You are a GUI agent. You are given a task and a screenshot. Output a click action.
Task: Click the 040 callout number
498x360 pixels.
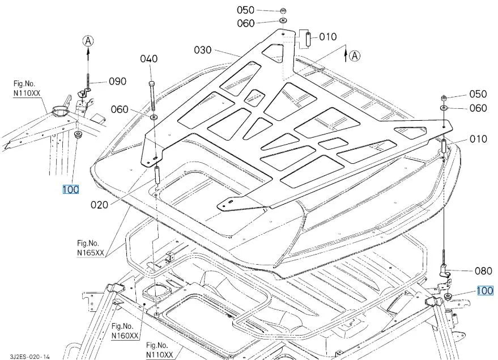(x=148, y=59)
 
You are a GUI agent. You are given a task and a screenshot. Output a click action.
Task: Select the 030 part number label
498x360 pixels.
(x=203, y=50)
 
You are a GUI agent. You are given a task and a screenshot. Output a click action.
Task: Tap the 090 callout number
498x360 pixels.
(x=117, y=81)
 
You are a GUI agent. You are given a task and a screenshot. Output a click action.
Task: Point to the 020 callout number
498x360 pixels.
(x=99, y=205)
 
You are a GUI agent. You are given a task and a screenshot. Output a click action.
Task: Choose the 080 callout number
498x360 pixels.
(x=483, y=271)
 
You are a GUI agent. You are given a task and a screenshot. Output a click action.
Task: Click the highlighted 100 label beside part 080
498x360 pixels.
(x=485, y=291)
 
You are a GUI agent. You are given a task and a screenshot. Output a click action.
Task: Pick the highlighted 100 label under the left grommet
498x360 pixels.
(x=70, y=190)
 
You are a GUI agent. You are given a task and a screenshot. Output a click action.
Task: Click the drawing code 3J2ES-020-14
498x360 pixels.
(x=29, y=357)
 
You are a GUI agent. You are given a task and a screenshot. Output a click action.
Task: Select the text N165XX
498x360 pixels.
(x=91, y=253)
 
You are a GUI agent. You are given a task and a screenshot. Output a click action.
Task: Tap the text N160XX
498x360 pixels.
(x=125, y=336)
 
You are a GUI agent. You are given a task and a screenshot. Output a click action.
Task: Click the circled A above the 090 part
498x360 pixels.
(x=88, y=41)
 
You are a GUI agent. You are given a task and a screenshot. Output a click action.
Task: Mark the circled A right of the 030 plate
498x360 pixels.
(x=355, y=56)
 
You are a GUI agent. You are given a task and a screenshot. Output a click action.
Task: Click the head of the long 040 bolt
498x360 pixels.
(x=151, y=83)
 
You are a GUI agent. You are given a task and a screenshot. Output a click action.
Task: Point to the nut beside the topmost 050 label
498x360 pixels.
(x=283, y=11)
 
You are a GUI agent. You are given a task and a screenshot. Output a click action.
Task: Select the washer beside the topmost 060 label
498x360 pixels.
(x=283, y=21)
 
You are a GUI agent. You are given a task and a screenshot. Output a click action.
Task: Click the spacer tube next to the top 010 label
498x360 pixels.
(x=308, y=39)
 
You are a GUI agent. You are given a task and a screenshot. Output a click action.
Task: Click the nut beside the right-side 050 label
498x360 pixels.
(x=445, y=98)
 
